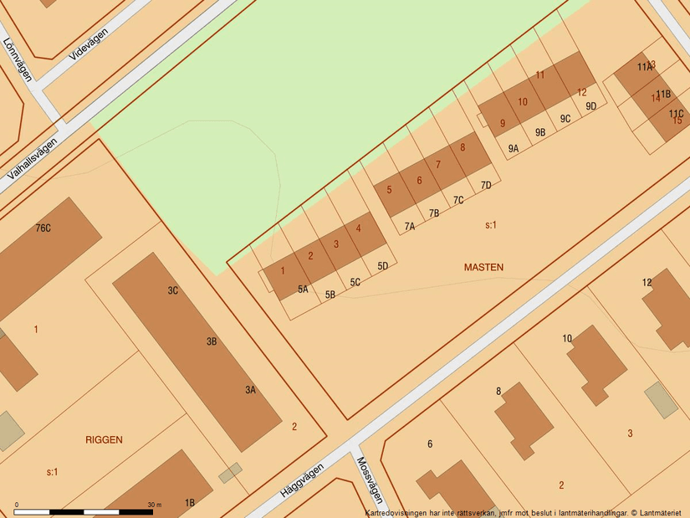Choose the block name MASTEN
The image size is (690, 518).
pyautogui.click(x=483, y=267)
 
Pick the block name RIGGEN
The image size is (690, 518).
pyautogui.click(x=104, y=439)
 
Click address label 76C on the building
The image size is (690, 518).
pyautogui.click(x=43, y=228)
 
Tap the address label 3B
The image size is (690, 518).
pyautogui.click(x=212, y=341)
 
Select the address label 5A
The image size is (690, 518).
pyautogui.click(x=303, y=290)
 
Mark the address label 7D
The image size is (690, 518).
pyautogui.click(x=485, y=185)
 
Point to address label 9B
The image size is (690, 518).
pyautogui.click(x=540, y=132)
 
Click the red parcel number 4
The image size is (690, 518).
pyautogui.click(x=359, y=228)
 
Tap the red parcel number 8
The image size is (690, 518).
pyautogui.click(x=463, y=147)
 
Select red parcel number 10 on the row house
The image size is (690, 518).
pyautogui.click(x=523, y=102)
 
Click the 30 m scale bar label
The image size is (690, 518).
pyautogui.click(x=154, y=505)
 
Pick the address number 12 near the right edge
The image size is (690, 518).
pyautogui.click(x=647, y=283)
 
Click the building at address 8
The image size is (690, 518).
pyautogui.click(x=524, y=419)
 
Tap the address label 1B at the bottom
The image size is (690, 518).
pyautogui.click(x=190, y=503)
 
